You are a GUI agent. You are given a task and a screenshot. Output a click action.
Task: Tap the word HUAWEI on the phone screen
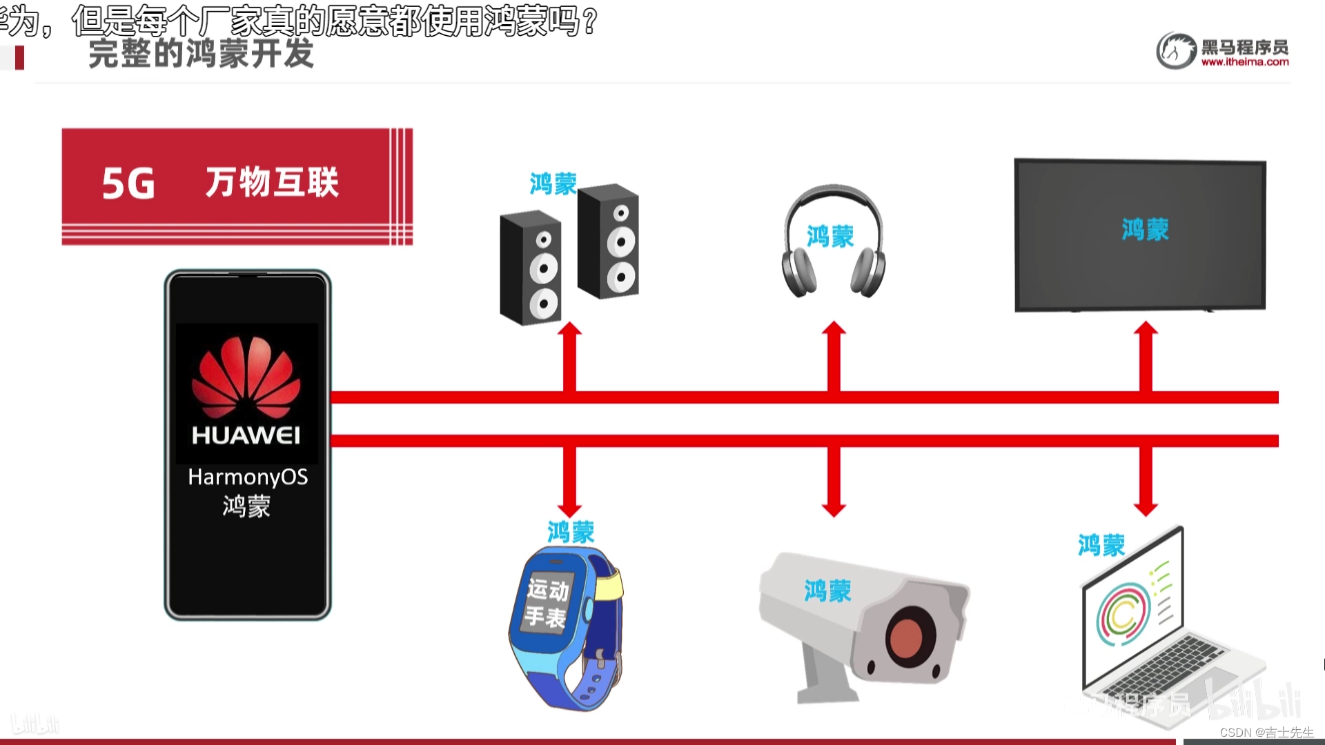point(246,435)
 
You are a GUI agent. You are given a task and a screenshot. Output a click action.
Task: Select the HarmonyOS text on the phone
point(248,477)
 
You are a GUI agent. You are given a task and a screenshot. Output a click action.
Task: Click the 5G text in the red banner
point(128,184)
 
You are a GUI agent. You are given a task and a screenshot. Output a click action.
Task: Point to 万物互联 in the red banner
point(272,183)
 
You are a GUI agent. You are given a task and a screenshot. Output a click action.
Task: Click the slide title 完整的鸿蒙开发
point(201,54)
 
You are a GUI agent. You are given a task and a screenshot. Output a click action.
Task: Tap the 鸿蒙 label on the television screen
point(1145,230)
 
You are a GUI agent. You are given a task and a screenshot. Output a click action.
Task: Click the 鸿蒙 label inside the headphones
point(830,237)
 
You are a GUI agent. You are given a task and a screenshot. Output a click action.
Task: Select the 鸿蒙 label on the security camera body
point(827,591)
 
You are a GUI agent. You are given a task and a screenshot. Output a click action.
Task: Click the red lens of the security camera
point(910,638)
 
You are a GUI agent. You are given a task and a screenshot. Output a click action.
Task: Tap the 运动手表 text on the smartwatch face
point(547,603)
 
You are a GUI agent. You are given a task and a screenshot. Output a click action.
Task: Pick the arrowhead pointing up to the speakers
point(569,330)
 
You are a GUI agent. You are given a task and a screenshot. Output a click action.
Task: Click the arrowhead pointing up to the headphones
point(834,330)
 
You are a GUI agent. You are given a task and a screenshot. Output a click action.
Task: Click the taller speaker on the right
point(609,241)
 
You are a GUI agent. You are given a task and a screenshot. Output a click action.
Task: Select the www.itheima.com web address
point(1244,62)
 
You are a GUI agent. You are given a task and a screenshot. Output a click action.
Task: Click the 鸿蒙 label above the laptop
point(1101,546)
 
